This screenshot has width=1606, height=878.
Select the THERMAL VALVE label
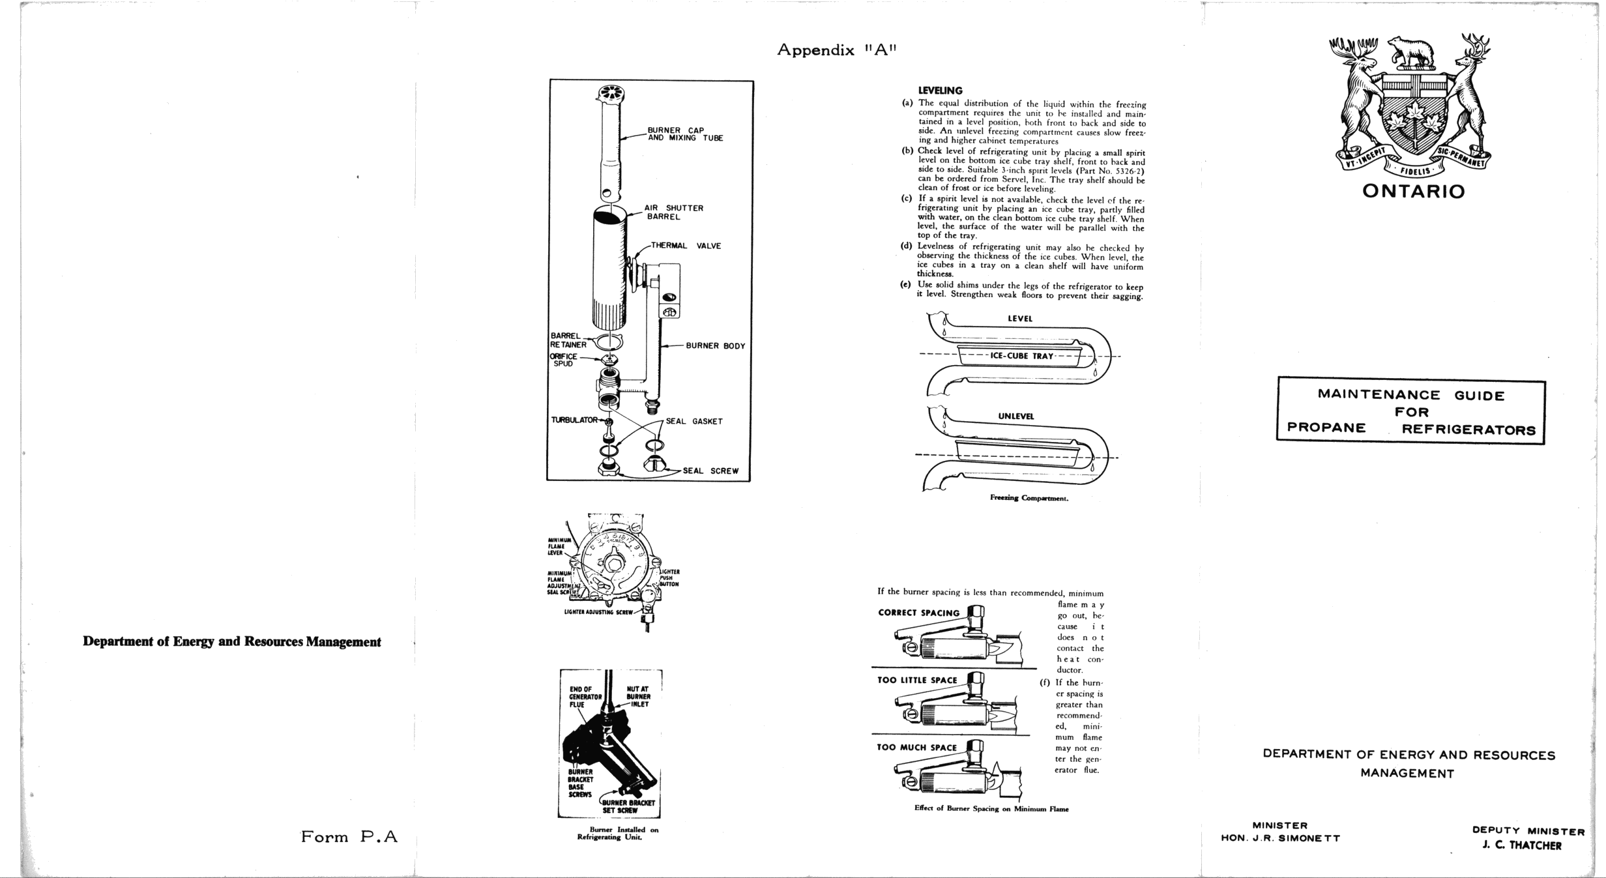pos(685,246)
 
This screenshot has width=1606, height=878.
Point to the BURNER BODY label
pos(715,346)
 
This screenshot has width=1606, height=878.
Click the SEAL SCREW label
pos(710,471)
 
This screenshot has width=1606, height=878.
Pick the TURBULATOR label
pos(574,420)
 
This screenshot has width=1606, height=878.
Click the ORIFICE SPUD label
pos(564,360)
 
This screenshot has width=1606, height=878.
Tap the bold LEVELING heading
pos(940,91)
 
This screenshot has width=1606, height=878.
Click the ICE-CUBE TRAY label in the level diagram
pos(1021,356)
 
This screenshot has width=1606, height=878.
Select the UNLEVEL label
pos(1015,416)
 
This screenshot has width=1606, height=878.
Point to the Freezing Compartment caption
pos(1029,498)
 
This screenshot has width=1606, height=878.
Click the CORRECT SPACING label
pos(918,613)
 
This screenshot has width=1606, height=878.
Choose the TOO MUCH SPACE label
pos(916,748)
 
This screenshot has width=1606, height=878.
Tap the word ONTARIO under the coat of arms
pos(1413,192)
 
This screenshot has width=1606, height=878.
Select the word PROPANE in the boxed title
pos(1326,428)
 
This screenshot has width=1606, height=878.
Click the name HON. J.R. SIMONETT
pos(1280,838)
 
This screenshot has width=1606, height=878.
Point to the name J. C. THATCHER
pos(1521,845)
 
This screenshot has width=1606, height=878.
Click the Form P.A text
pos(349,837)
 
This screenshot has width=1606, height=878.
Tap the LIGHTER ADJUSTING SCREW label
pos(598,612)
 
